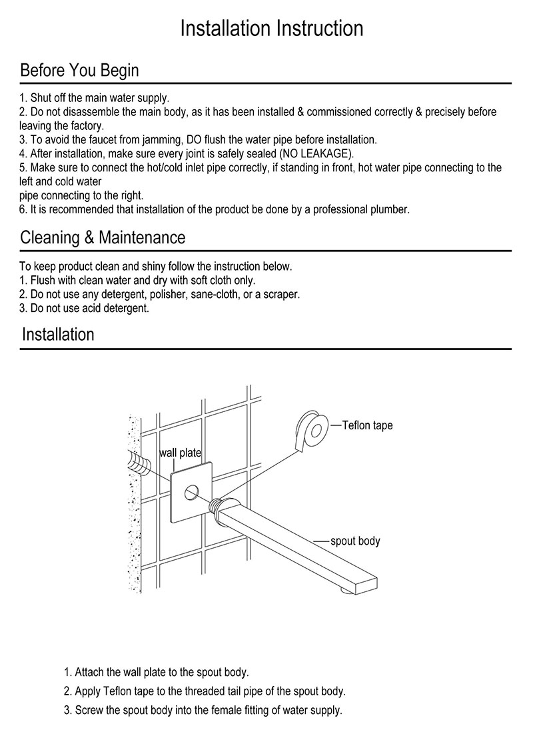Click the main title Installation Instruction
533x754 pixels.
click(x=272, y=29)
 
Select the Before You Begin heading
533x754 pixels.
click(x=79, y=70)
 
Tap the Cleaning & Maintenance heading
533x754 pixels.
click(x=103, y=237)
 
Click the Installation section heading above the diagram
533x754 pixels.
click(x=58, y=334)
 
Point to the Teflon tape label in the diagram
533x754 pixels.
click(x=367, y=425)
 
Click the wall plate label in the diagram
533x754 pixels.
click(x=180, y=453)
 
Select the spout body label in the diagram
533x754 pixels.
click(x=355, y=541)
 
